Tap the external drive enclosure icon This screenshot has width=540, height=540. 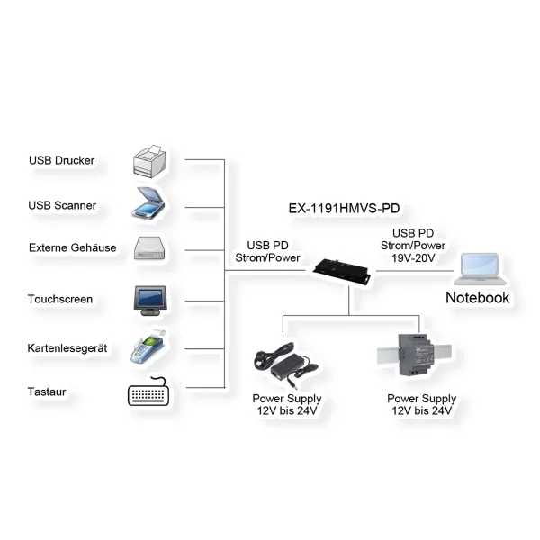[151, 247]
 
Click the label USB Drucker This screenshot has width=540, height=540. [61, 161]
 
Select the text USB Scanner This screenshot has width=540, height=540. [62, 205]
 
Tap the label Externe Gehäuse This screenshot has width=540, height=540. [72, 247]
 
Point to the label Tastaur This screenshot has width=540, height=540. [51, 392]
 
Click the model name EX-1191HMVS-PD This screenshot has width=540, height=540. [344, 208]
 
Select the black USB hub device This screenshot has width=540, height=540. [347, 267]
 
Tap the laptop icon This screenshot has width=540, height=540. [479, 268]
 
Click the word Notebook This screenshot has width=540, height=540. [478, 297]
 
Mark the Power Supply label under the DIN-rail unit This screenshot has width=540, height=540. [421, 398]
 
